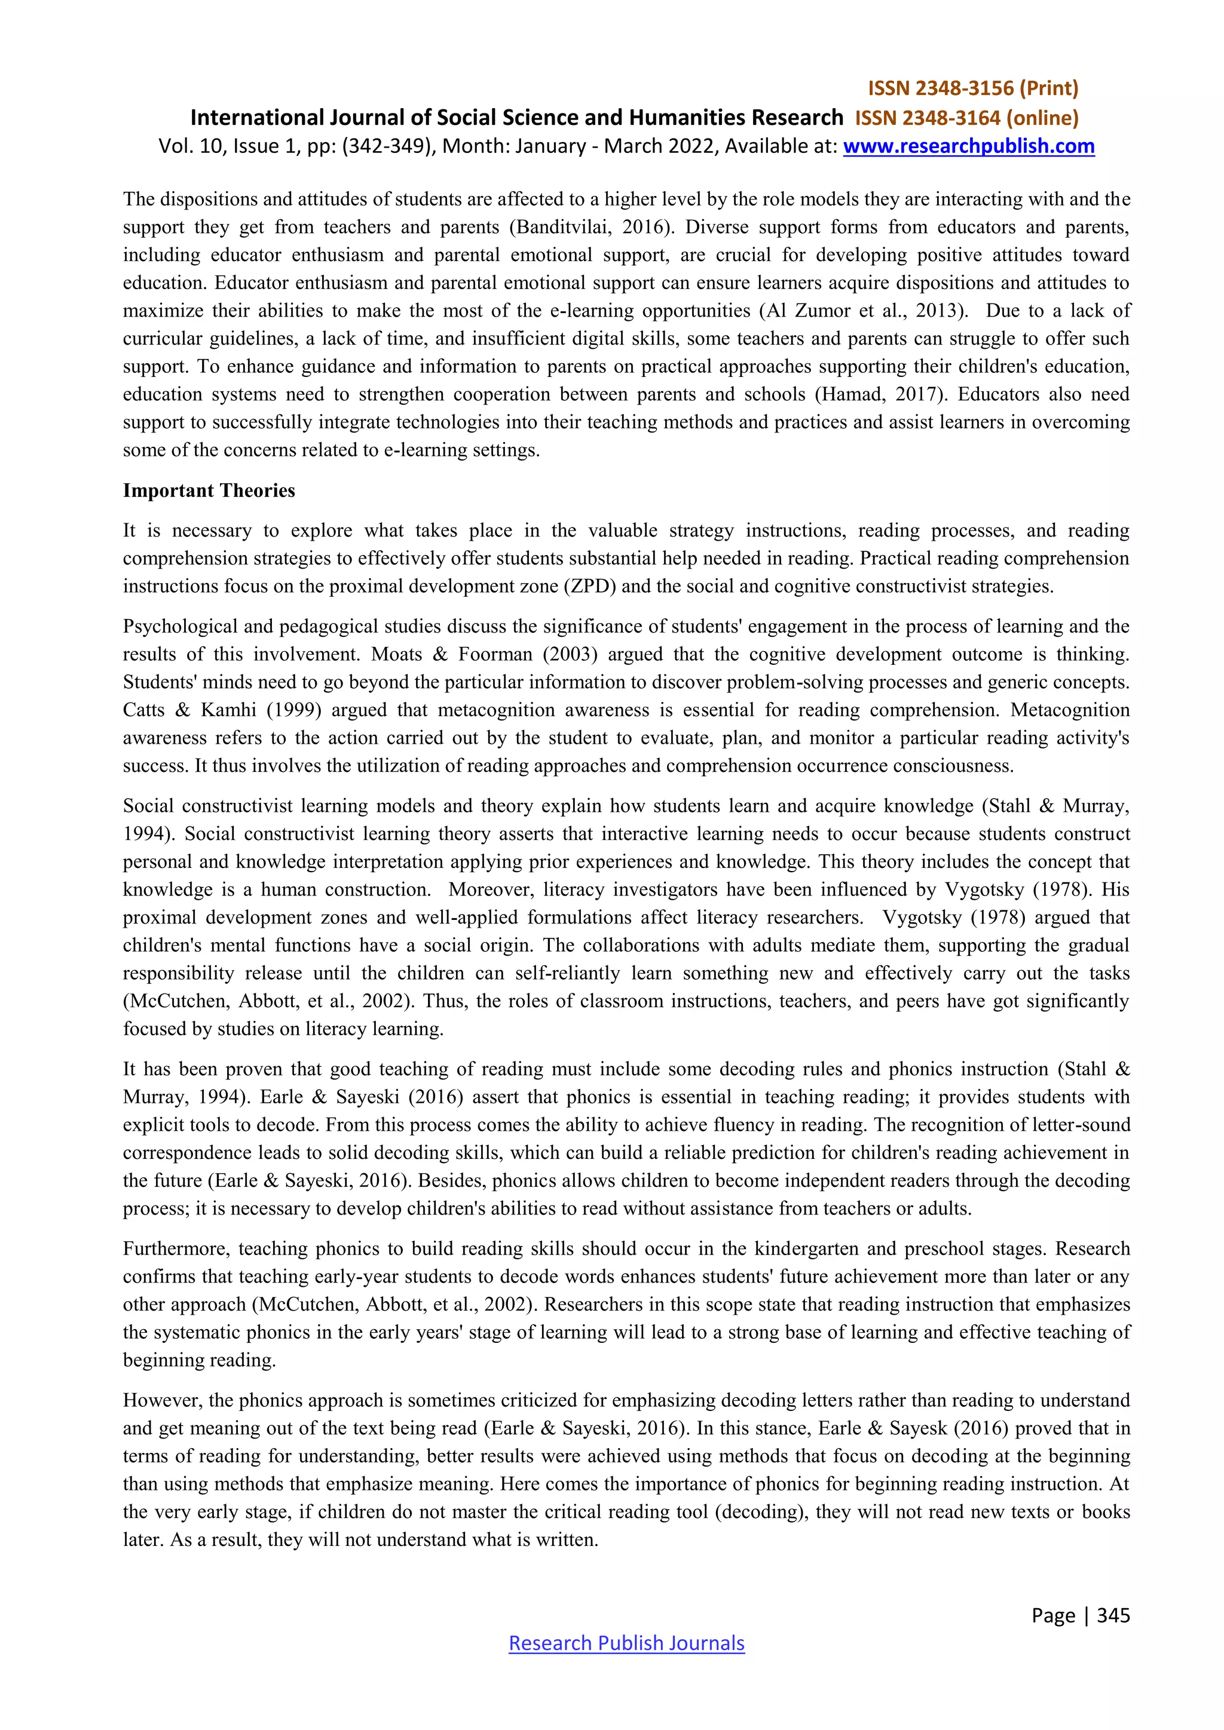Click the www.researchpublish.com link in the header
(x=968, y=146)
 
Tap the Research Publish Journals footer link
(x=626, y=1643)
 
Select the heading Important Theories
(x=209, y=490)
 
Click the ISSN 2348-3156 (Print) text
(x=973, y=89)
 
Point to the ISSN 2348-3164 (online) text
(x=967, y=118)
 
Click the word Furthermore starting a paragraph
(x=176, y=1249)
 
